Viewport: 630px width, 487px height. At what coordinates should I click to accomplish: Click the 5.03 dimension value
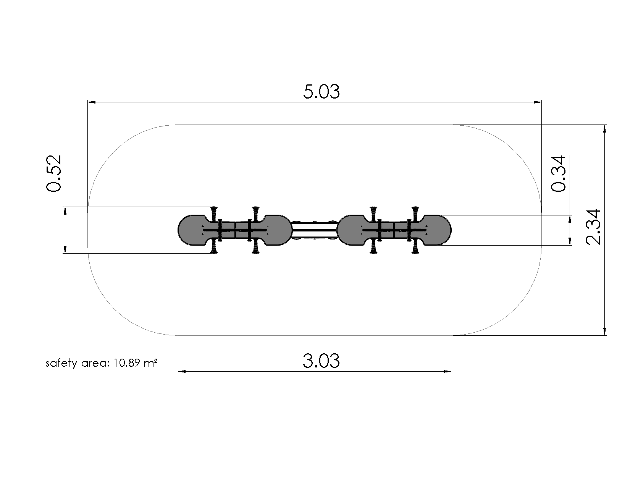tap(321, 92)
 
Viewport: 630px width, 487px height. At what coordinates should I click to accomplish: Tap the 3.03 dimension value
tap(321, 361)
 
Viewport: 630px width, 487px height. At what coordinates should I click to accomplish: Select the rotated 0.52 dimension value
tap(54, 173)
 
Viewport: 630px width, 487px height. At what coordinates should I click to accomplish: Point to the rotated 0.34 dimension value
tap(558, 173)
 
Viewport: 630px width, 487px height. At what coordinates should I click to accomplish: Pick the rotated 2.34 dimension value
tap(593, 227)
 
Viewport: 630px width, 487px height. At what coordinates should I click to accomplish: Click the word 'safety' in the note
tap(61, 363)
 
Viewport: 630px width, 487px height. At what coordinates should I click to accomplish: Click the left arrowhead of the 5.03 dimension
tap(92, 102)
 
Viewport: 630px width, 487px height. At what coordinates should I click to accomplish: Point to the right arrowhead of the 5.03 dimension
tap(538, 102)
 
